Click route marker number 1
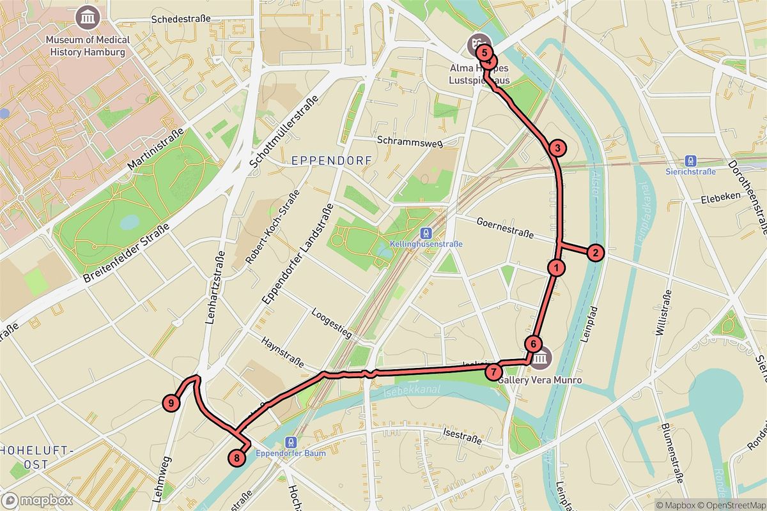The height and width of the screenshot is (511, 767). (x=557, y=268)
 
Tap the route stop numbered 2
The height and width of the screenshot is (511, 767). (x=595, y=253)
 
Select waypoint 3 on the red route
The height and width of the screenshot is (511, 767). (x=557, y=148)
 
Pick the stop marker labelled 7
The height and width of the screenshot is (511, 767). (x=493, y=371)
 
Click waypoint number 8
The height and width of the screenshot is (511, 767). (x=237, y=457)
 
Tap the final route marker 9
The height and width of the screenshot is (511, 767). (x=171, y=403)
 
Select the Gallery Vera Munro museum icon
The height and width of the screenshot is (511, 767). (x=541, y=358)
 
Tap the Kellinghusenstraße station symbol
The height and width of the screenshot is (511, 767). (x=422, y=234)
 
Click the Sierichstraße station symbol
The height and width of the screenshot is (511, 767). (x=690, y=161)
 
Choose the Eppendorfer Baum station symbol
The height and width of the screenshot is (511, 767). (x=291, y=442)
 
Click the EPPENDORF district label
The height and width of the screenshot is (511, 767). (x=330, y=161)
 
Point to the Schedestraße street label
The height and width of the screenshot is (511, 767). (x=180, y=19)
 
